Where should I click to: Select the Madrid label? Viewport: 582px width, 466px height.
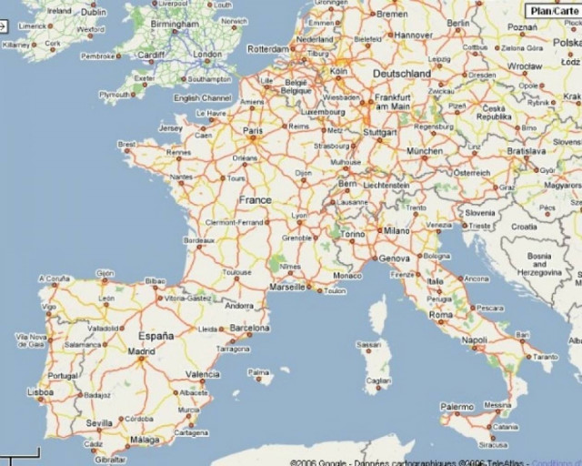(x=141, y=350)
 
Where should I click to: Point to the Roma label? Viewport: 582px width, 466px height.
(x=441, y=315)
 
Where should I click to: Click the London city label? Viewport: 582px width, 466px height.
(x=207, y=56)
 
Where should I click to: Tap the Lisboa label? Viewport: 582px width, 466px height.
(x=41, y=393)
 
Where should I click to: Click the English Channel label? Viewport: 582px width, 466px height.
(x=203, y=98)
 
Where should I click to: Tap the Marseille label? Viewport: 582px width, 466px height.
(x=287, y=287)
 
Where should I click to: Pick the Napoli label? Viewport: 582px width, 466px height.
(x=475, y=340)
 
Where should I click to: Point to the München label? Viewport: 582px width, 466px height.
(x=424, y=152)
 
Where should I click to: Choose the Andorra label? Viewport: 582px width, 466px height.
(x=238, y=306)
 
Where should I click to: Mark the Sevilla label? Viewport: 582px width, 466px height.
(x=100, y=423)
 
